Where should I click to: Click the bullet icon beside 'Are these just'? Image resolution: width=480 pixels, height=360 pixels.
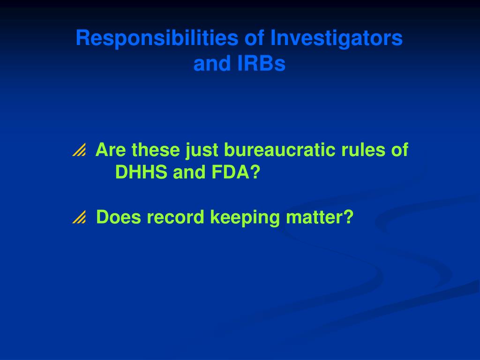[79, 150]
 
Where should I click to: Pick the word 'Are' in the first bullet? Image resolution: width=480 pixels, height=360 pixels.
[111, 150]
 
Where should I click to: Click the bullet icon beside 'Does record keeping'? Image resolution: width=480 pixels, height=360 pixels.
[79, 217]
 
